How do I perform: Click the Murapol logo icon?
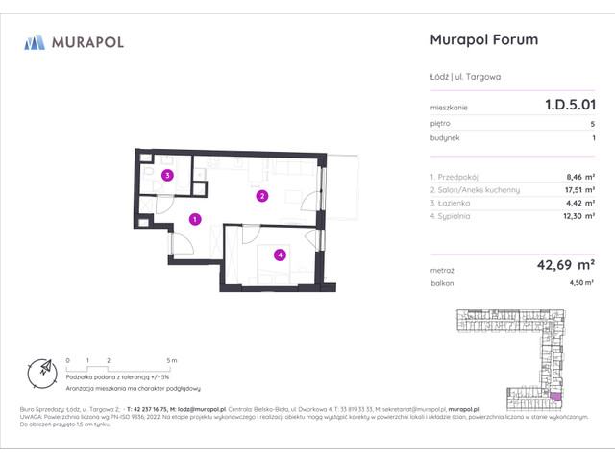coord(35,41)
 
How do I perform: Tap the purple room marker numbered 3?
coord(167,175)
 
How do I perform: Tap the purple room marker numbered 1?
coord(195,220)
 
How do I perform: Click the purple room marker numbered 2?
coord(260,197)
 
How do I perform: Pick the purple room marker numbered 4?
coord(280,255)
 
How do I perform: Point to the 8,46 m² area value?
coord(579,177)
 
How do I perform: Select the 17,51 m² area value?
coord(577,190)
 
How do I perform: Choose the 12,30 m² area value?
coord(577,217)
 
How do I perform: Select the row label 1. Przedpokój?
coord(456,177)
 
